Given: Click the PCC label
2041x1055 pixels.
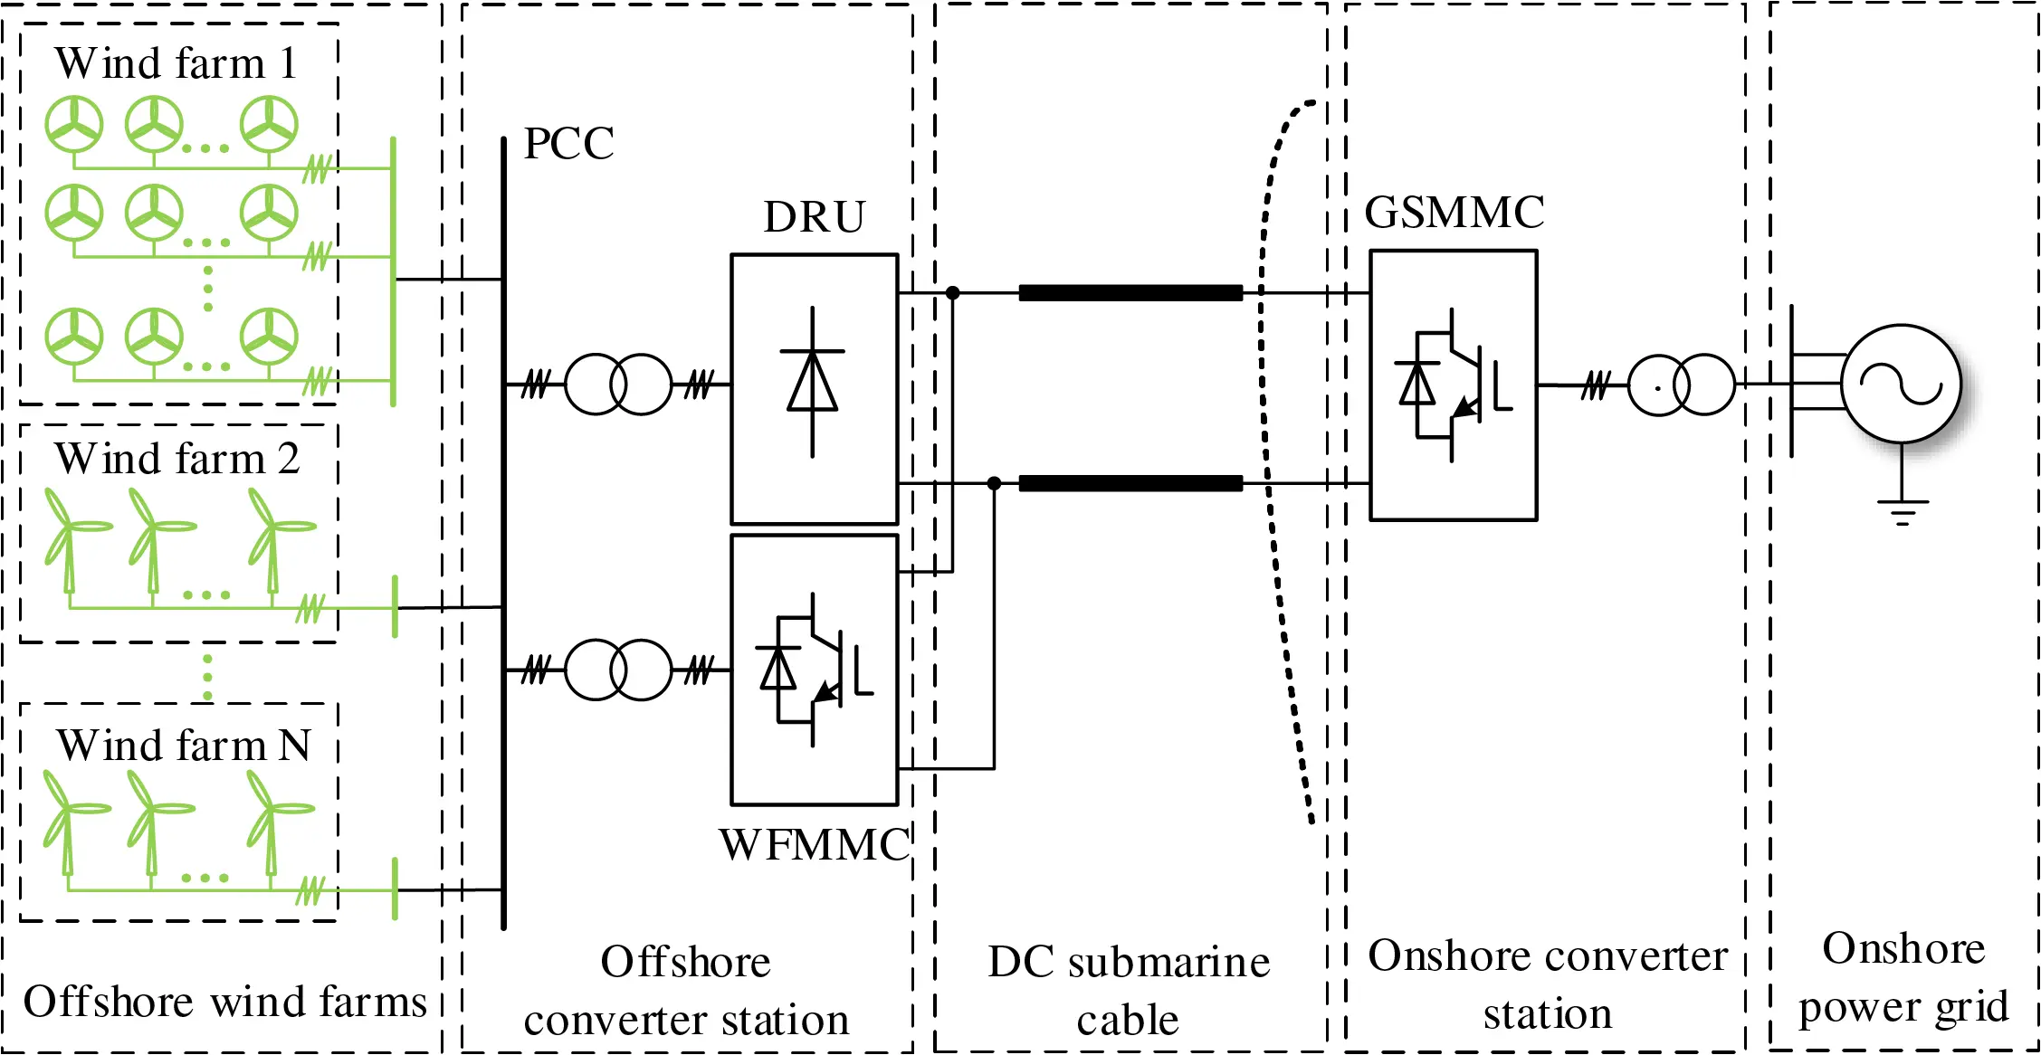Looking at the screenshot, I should [568, 143].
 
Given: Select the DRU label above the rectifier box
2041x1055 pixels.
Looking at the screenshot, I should [814, 217].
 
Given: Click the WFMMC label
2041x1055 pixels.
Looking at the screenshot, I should [814, 845].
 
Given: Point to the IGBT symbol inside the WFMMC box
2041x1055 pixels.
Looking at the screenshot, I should [814, 670].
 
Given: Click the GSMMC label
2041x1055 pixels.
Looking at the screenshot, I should [1454, 213].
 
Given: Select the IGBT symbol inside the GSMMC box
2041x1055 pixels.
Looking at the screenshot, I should [1453, 385].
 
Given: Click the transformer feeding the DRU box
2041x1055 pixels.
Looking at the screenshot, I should [618, 384].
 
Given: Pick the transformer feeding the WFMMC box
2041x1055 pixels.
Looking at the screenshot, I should [618, 670].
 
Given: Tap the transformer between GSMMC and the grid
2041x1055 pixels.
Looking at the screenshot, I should [1681, 385].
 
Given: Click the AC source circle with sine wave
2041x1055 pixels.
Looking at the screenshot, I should [1901, 384].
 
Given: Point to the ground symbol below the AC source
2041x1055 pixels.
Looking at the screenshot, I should [1902, 512].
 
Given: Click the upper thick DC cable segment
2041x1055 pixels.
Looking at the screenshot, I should [1130, 292].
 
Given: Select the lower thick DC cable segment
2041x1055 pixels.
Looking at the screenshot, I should [1130, 483].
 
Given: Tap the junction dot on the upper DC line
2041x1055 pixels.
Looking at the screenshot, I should [952, 292].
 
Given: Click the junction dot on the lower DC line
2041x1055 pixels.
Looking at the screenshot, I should [994, 483].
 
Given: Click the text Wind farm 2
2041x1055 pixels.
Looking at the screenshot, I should [176, 459].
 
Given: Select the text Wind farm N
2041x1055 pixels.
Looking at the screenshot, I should [183, 746].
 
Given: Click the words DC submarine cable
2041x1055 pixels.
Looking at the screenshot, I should [1129, 990].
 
